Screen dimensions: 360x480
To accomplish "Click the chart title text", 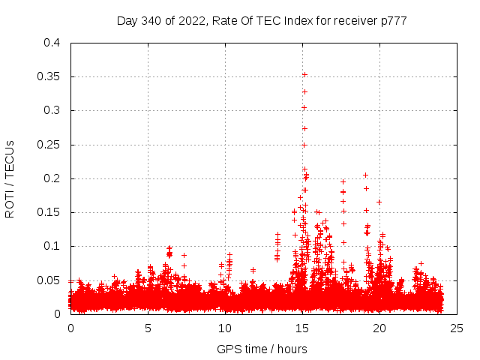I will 262,20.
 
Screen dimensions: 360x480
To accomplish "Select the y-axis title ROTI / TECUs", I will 10,178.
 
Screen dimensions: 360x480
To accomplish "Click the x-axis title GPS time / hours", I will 262,349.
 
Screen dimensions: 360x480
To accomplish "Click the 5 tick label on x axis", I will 148,328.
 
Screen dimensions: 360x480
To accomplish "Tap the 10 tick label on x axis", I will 226,328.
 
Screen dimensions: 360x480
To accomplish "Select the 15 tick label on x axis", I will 303,328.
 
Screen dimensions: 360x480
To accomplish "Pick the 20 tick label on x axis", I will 380,328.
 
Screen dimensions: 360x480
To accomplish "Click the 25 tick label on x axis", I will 457,328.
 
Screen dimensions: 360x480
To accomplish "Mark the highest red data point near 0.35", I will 305,74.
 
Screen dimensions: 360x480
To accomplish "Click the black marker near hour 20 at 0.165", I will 379,202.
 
